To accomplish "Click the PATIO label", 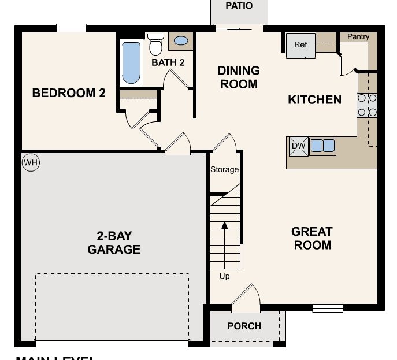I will click(239, 6).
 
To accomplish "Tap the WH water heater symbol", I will click(30, 163).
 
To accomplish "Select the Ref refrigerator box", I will click(300, 46).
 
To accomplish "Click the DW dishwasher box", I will click(298, 146).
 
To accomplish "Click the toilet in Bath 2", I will click(155, 44).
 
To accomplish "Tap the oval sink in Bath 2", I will click(181, 41).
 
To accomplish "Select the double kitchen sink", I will click(322, 146).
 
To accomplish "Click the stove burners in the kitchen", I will click(367, 105).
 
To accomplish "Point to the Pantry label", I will click(358, 37).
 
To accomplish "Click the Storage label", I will click(224, 169).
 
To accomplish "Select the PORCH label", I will click(244, 326).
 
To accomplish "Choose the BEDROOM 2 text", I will click(69, 93).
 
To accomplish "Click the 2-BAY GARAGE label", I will click(114, 243).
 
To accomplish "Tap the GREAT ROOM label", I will click(312, 238).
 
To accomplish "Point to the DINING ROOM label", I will click(238, 77).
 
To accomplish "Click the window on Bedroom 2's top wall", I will click(71, 28).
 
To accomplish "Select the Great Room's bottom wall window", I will click(328, 308).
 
